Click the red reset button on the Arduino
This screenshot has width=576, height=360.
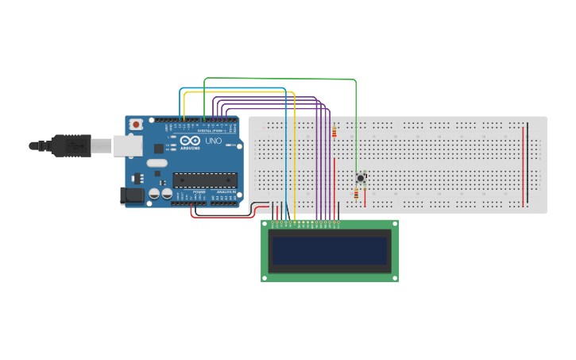point(136,124)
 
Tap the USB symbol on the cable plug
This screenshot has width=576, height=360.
point(77,145)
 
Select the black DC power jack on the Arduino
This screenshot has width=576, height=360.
point(131,195)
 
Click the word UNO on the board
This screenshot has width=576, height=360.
point(214,141)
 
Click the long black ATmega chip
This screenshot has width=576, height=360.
point(205,180)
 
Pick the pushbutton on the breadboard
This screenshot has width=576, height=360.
point(360,178)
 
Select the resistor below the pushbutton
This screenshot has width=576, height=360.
point(356,194)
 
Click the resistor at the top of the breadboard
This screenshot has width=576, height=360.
point(334,132)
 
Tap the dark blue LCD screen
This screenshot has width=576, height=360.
point(330,251)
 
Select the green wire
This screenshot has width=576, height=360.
point(278,79)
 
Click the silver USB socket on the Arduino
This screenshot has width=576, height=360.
point(127,145)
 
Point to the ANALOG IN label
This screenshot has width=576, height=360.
point(226,192)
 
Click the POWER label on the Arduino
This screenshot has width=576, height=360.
point(199,192)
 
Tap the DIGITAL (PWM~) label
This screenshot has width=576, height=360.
point(211,130)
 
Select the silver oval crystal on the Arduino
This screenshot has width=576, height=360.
point(157,163)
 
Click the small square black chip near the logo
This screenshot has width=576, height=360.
point(159,148)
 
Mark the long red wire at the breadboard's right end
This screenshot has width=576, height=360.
point(524,163)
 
